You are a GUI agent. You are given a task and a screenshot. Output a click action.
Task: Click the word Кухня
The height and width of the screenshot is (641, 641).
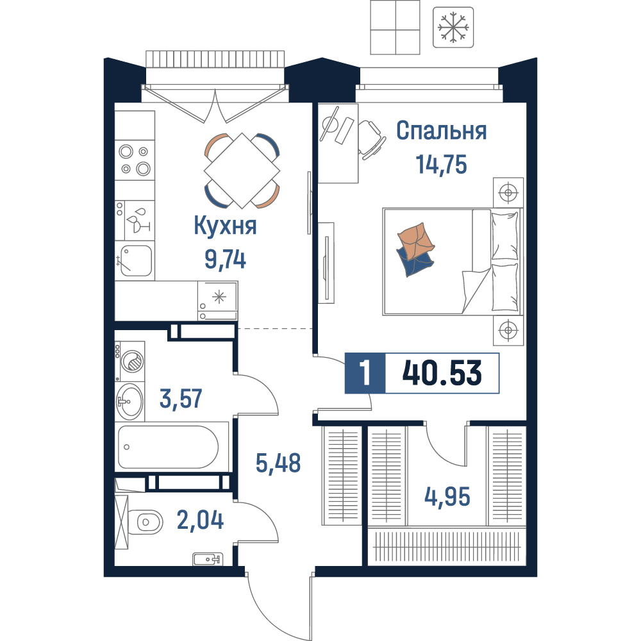225,225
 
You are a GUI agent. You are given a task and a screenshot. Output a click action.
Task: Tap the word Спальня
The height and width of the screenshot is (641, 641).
442,131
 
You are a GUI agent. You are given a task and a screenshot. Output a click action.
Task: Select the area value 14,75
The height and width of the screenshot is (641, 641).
442,165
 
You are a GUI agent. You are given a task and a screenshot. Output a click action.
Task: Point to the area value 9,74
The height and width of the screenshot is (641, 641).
225,259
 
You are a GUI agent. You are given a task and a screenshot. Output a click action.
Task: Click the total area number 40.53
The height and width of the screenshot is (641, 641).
442,373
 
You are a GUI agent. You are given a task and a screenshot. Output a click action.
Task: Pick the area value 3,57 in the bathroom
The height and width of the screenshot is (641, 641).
181,399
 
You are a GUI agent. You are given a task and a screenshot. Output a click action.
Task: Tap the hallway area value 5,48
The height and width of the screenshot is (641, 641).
278,463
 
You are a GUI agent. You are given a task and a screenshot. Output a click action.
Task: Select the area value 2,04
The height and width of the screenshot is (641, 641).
200,520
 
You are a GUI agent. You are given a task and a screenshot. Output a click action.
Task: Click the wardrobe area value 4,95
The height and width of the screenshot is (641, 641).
447,497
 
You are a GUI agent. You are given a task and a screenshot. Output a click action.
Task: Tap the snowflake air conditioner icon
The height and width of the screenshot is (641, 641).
453,28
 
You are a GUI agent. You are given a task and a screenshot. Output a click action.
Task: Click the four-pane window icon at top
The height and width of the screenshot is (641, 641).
395,28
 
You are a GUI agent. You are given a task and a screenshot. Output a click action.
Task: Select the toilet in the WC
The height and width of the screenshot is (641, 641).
145,522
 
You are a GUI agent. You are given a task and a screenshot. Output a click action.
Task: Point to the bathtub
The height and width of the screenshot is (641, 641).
168,447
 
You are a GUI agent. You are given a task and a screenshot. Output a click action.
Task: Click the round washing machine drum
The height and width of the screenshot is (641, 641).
134,362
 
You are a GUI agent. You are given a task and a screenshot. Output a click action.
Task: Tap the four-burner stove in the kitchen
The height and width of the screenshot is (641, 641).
135,160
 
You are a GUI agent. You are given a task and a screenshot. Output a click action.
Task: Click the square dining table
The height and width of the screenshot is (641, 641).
242,171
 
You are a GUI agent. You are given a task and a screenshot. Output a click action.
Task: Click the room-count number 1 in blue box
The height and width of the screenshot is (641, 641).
365,373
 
